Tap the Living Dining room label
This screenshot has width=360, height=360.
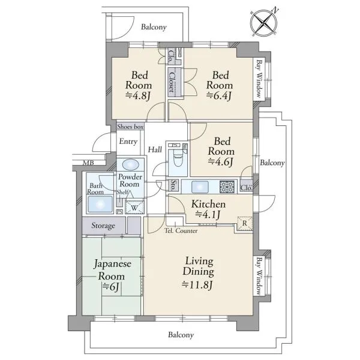[199, 266]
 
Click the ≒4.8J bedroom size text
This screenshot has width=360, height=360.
[138, 96]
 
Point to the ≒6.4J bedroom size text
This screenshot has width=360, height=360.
[219, 95]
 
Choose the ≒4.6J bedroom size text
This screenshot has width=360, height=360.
[220, 162]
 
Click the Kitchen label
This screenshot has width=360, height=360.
[208, 204]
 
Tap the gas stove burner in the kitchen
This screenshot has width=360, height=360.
[227, 187]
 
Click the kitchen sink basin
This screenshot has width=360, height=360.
[200, 187]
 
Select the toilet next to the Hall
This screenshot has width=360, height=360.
[178, 158]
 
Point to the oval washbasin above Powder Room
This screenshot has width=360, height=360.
[130, 164]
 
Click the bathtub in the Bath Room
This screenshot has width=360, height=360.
[100, 204]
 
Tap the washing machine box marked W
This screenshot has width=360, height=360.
[135, 208]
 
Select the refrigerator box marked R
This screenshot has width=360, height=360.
[245, 223]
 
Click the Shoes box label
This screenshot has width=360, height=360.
[130, 127]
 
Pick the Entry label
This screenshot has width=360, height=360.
[128, 142]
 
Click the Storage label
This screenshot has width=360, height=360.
[103, 226]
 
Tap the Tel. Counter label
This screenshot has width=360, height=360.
[181, 230]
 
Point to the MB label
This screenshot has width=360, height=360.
[88, 163]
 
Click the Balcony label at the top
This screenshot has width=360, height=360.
[154, 27]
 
